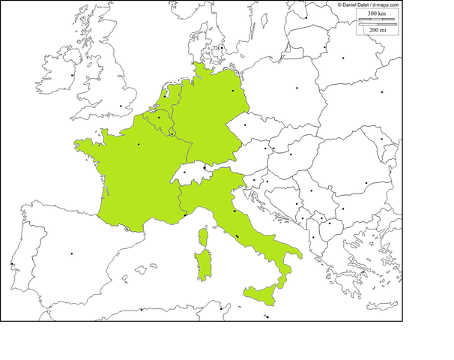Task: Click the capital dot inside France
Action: click(x=139, y=145)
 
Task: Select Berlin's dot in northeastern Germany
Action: click(x=234, y=91)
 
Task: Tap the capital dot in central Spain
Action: click(x=73, y=254)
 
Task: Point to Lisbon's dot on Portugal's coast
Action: click(x=12, y=264)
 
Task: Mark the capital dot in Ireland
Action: click(x=73, y=75)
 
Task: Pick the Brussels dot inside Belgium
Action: click(x=160, y=118)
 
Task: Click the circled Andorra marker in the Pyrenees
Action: click(x=127, y=229)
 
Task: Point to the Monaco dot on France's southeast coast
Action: click(x=185, y=215)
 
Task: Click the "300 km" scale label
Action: click(x=378, y=13)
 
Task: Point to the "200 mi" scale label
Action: click(x=378, y=29)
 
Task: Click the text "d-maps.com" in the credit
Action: click(x=383, y=4)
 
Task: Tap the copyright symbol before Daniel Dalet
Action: click(x=339, y=4)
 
